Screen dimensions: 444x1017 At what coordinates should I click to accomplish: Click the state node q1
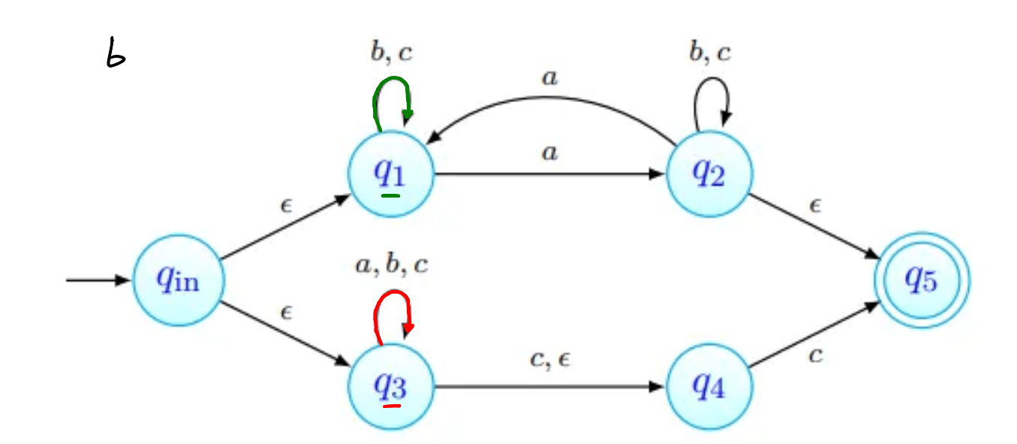point(390,174)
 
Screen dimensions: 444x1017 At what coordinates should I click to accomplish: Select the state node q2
point(709,174)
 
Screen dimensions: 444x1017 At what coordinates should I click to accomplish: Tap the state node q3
point(390,387)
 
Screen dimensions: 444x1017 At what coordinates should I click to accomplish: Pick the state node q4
point(709,387)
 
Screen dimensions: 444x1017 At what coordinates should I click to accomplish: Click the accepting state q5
point(922,280)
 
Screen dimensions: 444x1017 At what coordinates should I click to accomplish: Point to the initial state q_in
point(177,280)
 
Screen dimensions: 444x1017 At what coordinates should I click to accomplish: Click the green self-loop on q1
point(392,84)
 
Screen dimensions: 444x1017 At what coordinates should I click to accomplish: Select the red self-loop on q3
point(392,299)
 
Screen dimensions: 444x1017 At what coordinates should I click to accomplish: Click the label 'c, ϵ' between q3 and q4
point(551,361)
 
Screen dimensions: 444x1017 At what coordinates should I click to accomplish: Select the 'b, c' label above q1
point(391,53)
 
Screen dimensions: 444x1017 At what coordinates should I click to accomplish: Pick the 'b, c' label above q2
point(709,53)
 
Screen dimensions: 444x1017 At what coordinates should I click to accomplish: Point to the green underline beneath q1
point(390,196)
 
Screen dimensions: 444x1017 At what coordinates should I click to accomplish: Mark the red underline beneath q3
point(391,406)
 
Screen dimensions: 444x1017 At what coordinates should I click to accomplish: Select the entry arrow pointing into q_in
point(98,280)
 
